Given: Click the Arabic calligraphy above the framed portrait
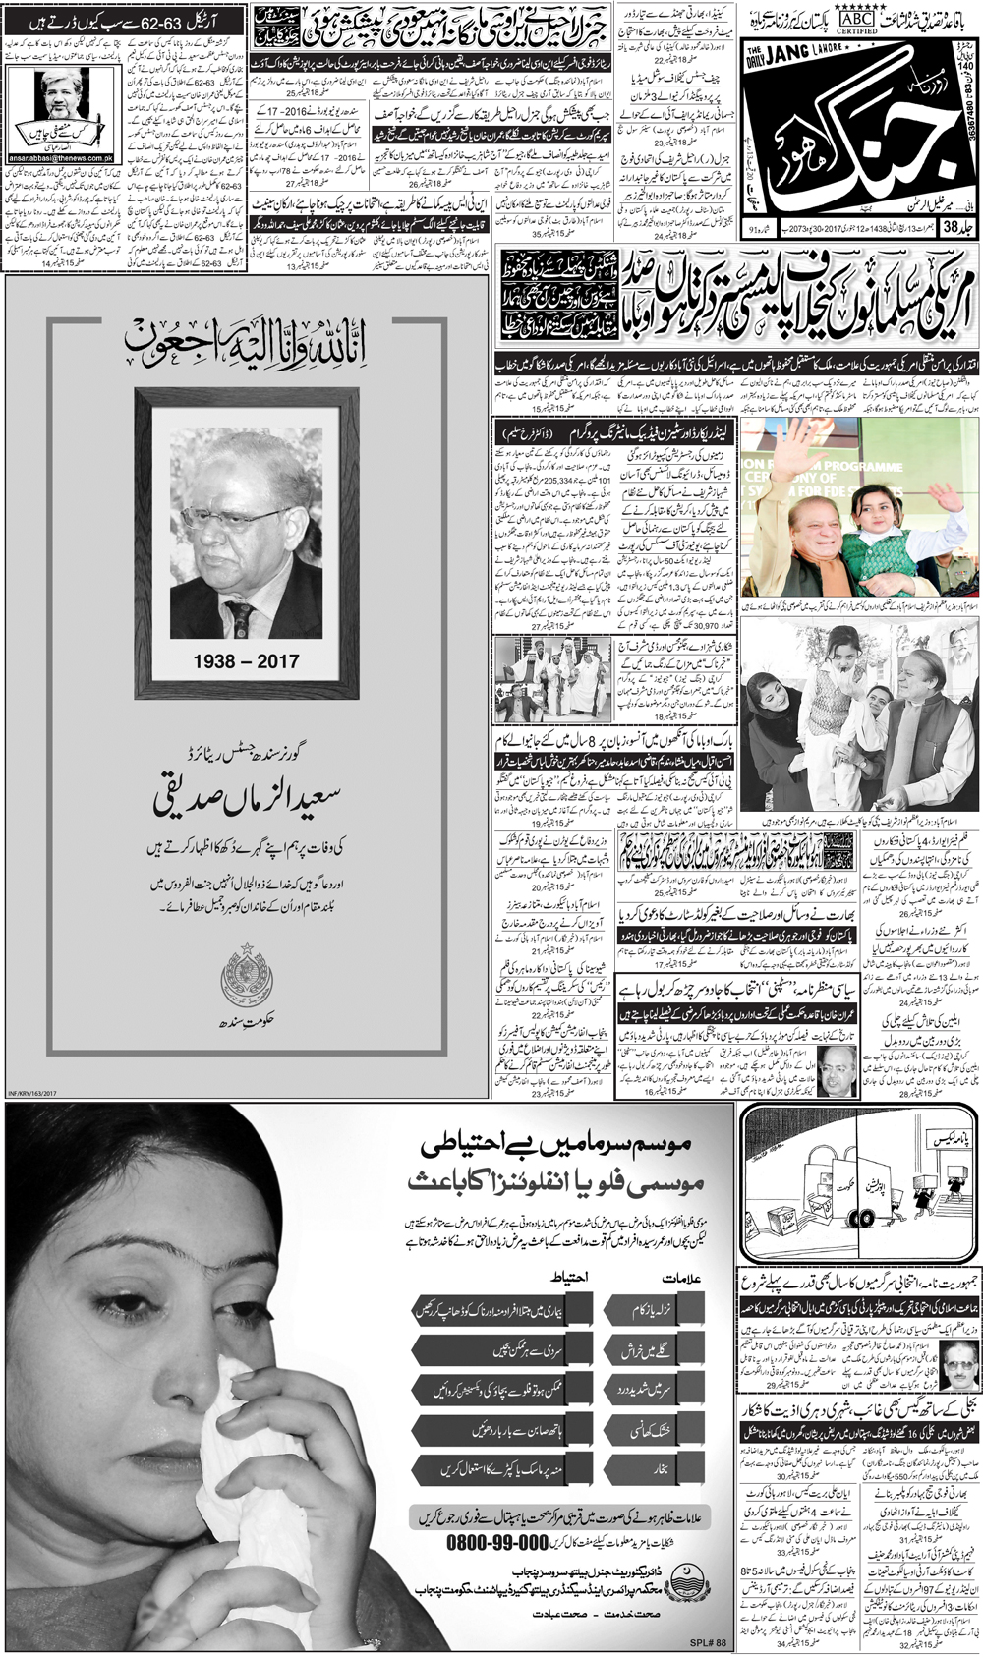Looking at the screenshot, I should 246,342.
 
